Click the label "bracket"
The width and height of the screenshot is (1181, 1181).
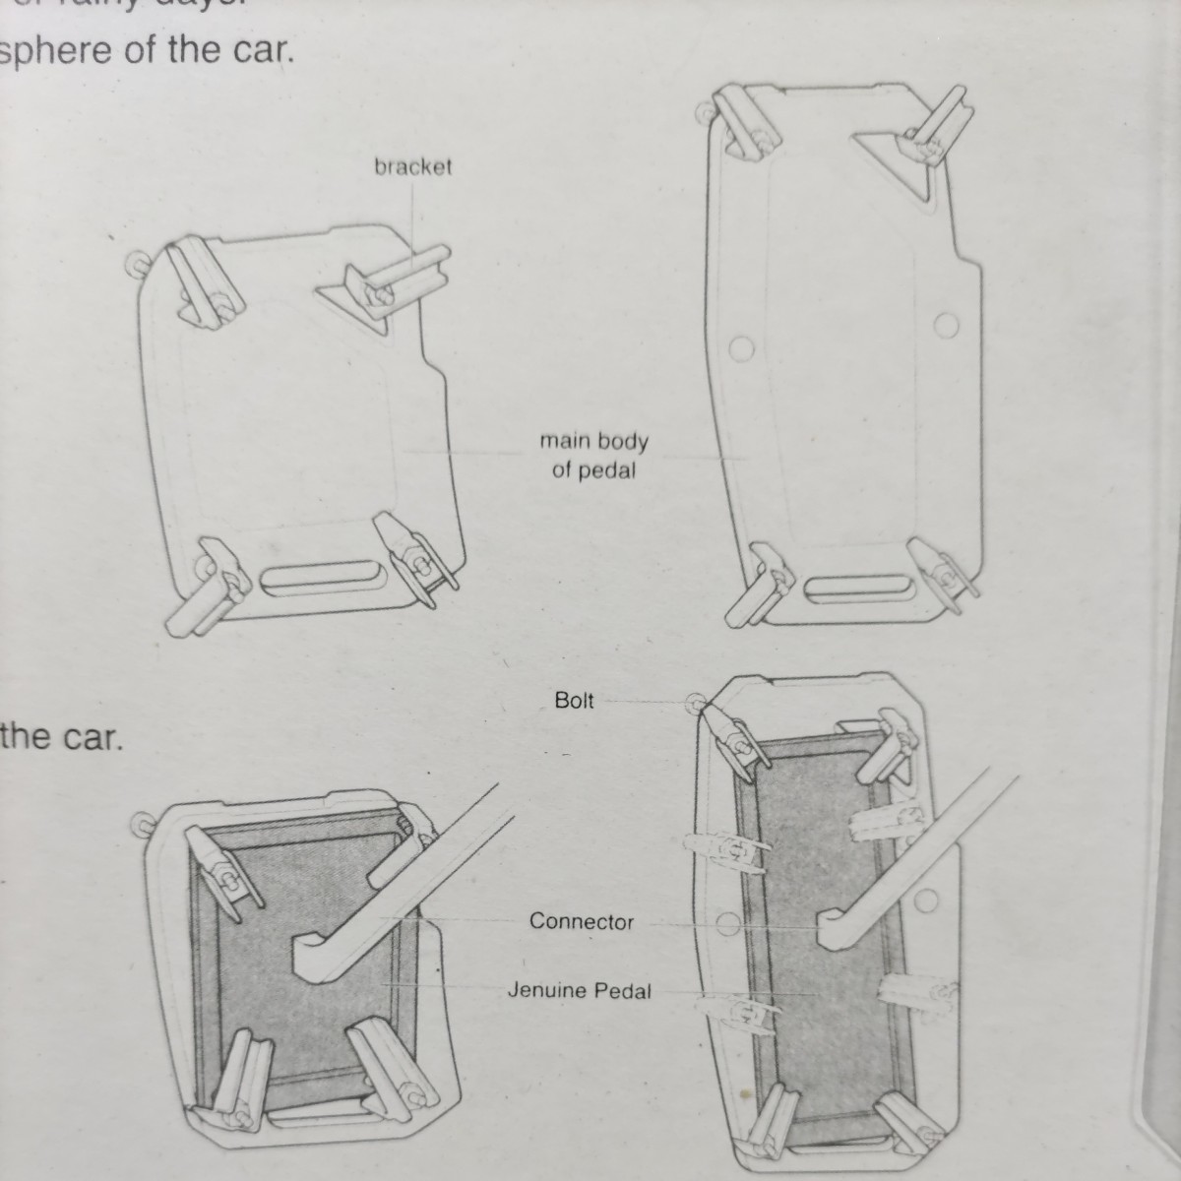(x=412, y=166)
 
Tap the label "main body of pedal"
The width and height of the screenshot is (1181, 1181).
(x=593, y=456)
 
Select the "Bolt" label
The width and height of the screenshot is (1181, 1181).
(x=574, y=701)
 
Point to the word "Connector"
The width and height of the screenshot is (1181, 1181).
(x=581, y=922)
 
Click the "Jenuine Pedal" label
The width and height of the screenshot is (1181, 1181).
(x=579, y=990)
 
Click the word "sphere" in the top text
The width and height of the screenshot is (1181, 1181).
(x=58, y=51)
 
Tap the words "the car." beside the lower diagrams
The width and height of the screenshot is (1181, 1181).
(x=62, y=737)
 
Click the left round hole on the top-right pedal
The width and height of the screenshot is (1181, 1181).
(x=742, y=347)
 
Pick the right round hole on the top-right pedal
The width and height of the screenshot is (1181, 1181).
(x=946, y=324)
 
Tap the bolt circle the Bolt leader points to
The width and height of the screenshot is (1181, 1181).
(x=698, y=705)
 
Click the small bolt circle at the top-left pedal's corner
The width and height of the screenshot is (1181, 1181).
(x=138, y=263)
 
